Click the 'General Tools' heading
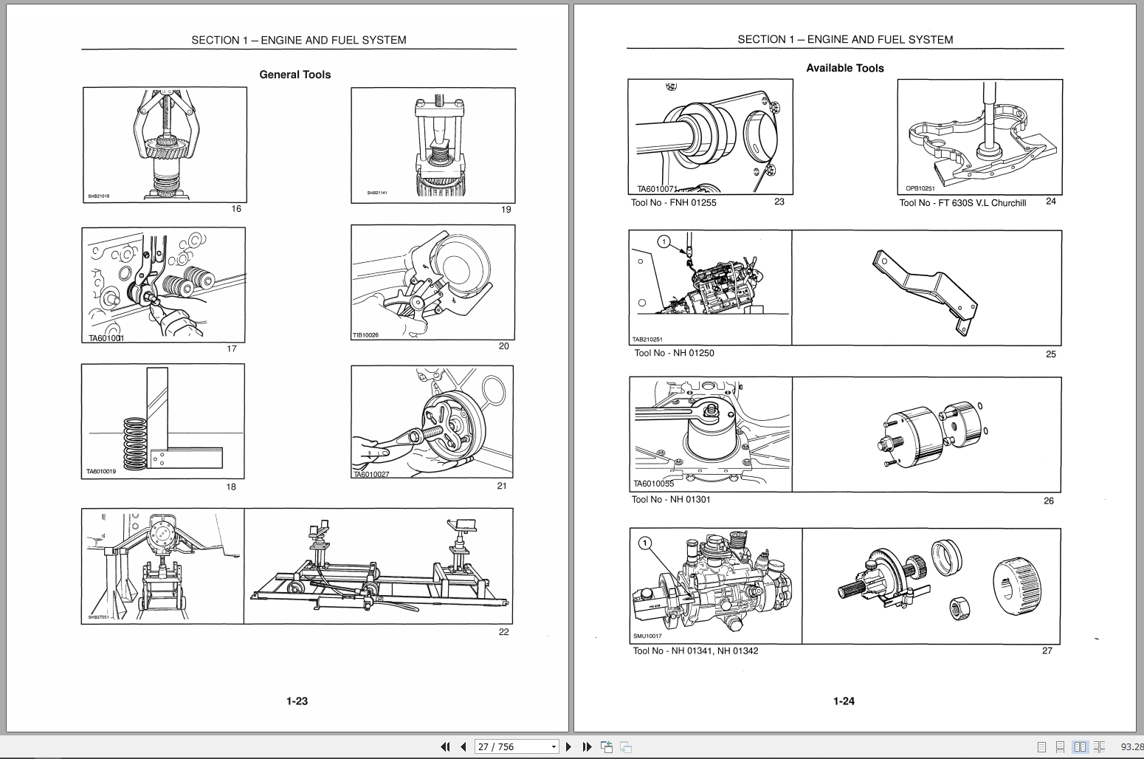point(294,75)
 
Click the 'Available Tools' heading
point(844,68)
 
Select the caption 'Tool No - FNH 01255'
point(673,203)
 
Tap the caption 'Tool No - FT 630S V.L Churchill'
point(962,203)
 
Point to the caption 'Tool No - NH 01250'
point(674,353)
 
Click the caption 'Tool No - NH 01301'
point(671,500)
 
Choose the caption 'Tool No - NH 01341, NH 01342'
point(695,651)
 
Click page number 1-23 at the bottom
point(297,701)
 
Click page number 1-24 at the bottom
point(844,701)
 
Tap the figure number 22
point(503,632)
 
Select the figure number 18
point(231,487)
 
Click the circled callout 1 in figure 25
point(664,241)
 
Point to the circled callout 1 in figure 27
point(645,543)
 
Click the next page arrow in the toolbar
point(569,746)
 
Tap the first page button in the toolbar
point(445,746)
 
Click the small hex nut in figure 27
point(959,608)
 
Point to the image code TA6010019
point(101,471)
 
